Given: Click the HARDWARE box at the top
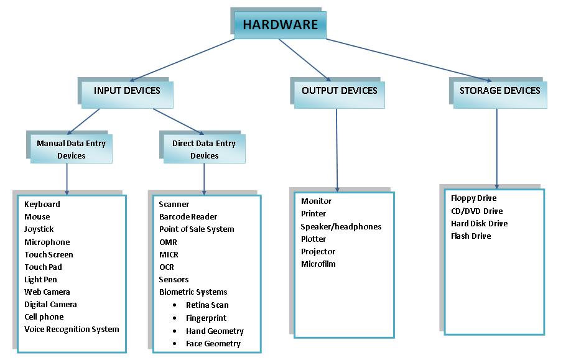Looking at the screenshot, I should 280,25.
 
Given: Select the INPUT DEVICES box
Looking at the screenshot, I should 127,91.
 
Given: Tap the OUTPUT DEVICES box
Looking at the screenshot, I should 340,91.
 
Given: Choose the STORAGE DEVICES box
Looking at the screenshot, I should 499,91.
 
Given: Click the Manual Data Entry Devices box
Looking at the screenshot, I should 72,149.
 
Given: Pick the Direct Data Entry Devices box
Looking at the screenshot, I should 204,149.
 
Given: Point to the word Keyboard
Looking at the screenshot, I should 42,205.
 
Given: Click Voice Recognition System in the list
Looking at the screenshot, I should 72,329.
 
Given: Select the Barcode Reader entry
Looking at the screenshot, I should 188,217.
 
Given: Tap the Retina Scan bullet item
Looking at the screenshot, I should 207,305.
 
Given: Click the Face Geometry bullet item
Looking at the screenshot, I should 213,343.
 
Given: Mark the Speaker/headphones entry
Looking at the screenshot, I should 341,226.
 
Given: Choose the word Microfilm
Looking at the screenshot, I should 318,264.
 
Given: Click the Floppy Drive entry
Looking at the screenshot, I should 474,198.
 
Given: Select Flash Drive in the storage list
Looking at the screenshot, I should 471,236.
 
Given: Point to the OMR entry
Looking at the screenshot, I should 168,242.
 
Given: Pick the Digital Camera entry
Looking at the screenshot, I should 51,304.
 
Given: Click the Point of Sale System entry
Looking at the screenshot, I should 197,229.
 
